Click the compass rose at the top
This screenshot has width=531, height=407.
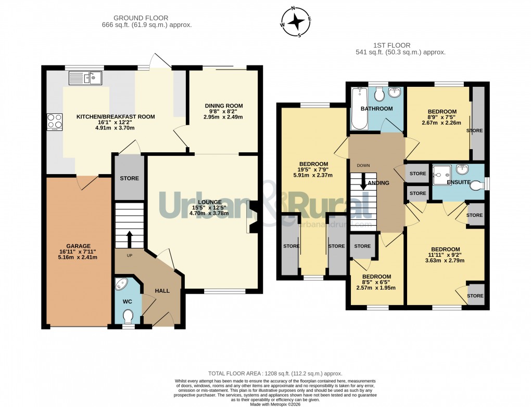pyautogui.click(x=296, y=22)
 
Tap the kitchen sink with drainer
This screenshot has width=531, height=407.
pyautogui.click(x=85, y=78)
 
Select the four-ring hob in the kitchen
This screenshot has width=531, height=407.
pyautogui.click(x=55, y=121)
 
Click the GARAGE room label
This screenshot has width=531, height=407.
pyautogui.click(x=78, y=246)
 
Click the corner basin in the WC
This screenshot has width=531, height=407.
pyautogui.click(x=122, y=284)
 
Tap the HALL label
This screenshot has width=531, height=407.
pyautogui.click(x=162, y=291)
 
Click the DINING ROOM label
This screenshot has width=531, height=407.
pyautogui.click(x=223, y=106)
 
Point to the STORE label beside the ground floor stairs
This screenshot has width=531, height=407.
pyautogui.click(x=129, y=178)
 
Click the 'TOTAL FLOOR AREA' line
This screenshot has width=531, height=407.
pyautogui.click(x=275, y=373)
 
